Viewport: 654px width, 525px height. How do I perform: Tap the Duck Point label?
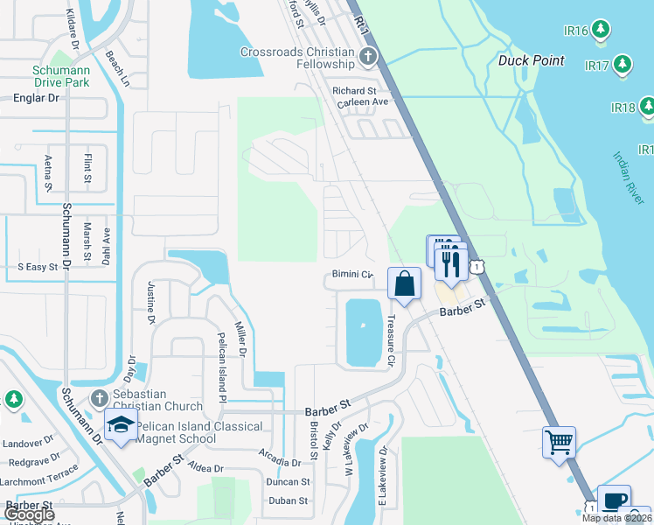(532, 61)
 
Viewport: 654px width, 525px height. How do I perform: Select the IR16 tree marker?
(600, 31)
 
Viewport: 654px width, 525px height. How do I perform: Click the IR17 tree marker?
(622, 65)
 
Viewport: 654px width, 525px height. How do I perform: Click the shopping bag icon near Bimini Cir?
(405, 283)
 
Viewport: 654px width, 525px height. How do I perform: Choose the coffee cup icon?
(614, 500)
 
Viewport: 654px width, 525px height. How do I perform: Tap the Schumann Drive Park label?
(61, 76)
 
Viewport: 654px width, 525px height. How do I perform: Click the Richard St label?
(354, 90)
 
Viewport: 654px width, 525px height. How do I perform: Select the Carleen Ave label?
(362, 102)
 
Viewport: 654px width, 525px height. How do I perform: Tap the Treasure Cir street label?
(391, 340)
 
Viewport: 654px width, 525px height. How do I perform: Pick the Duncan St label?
(289, 482)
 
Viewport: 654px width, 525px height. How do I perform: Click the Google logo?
(29, 514)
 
